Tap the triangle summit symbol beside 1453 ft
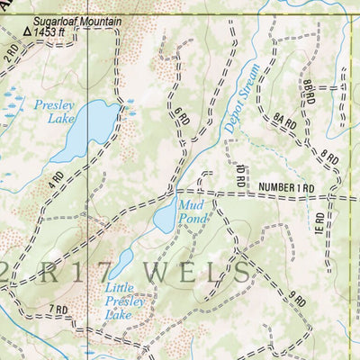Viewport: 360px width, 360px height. (x=28, y=31)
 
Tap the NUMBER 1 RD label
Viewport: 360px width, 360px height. (x=285, y=187)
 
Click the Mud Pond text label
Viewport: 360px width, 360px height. (x=194, y=211)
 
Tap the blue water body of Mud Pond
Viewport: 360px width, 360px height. (x=166, y=217)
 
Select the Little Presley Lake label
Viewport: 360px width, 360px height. (x=125, y=302)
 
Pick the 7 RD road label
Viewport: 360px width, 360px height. (x=58, y=310)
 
